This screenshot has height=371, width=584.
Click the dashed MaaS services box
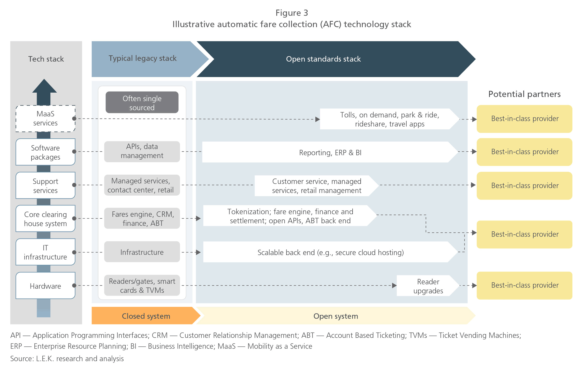[x=45, y=118]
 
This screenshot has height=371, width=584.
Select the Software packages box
[x=45, y=152]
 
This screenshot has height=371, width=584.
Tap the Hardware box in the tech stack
[x=45, y=286]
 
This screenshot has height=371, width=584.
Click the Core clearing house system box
[x=45, y=219]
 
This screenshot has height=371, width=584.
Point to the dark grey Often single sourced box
[x=142, y=102]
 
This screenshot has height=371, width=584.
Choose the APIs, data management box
[x=142, y=151]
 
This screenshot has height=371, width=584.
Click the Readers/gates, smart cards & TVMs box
[x=142, y=285]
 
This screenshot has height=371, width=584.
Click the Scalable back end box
[x=330, y=252]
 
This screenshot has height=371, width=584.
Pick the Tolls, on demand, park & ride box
[x=389, y=119]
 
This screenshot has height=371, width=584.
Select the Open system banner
[x=335, y=316]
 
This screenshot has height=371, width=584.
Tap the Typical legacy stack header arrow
[x=142, y=59]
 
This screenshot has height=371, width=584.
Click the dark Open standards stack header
[x=323, y=59]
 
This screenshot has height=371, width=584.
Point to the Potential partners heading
[x=524, y=94]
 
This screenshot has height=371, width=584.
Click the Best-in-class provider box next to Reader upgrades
[x=524, y=285]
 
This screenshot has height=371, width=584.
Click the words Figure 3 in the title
[x=292, y=13]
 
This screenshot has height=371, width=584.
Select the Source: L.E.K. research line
[x=67, y=359]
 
